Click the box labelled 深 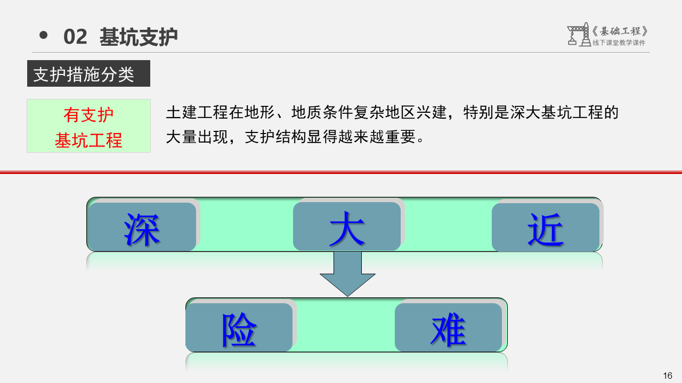pyautogui.click(x=142, y=227)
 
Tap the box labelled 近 pyautogui.click(x=546, y=228)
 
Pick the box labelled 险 pyautogui.click(x=239, y=328)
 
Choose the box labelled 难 pyautogui.click(x=449, y=328)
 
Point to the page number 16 pyautogui.click(x=667, y=376)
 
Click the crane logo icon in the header pyautogui.click(x=578, y=35)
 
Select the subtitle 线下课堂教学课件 pyautogui.click(x=619, y=43)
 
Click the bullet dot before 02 pyautogui.click(x=44, y=36)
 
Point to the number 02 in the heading pyautogui.click(x=75, y=37)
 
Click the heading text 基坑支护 pyautogui.click(x=139, y=37)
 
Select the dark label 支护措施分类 pyautogui.click(x=84, y=74)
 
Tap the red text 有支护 pyautogui.click(x=88, y=115)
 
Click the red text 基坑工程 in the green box pyautogui.click(x=88, y=140)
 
